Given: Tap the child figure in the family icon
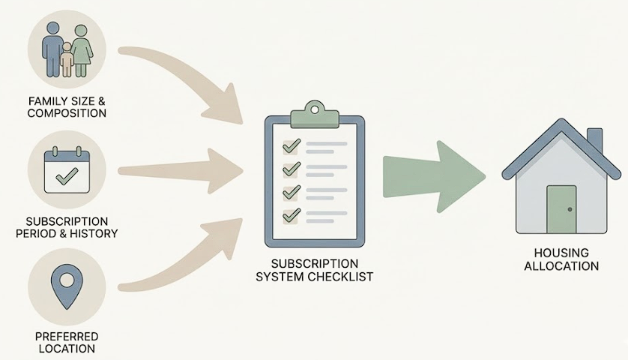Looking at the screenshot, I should [67, 59].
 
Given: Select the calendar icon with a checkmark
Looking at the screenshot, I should [67, 171].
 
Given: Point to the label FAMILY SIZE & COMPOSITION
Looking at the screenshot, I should [67, 107].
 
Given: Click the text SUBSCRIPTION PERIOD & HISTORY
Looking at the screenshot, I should [67, 227].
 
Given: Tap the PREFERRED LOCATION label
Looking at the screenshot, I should [67, 343].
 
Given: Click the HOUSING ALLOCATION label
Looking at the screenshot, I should [561, 259].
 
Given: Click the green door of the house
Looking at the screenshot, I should [561, 209].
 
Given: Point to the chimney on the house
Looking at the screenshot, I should [594, 141].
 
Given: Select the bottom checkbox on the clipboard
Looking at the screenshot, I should [291, 216].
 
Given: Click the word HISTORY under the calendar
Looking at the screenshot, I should [94, 233].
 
